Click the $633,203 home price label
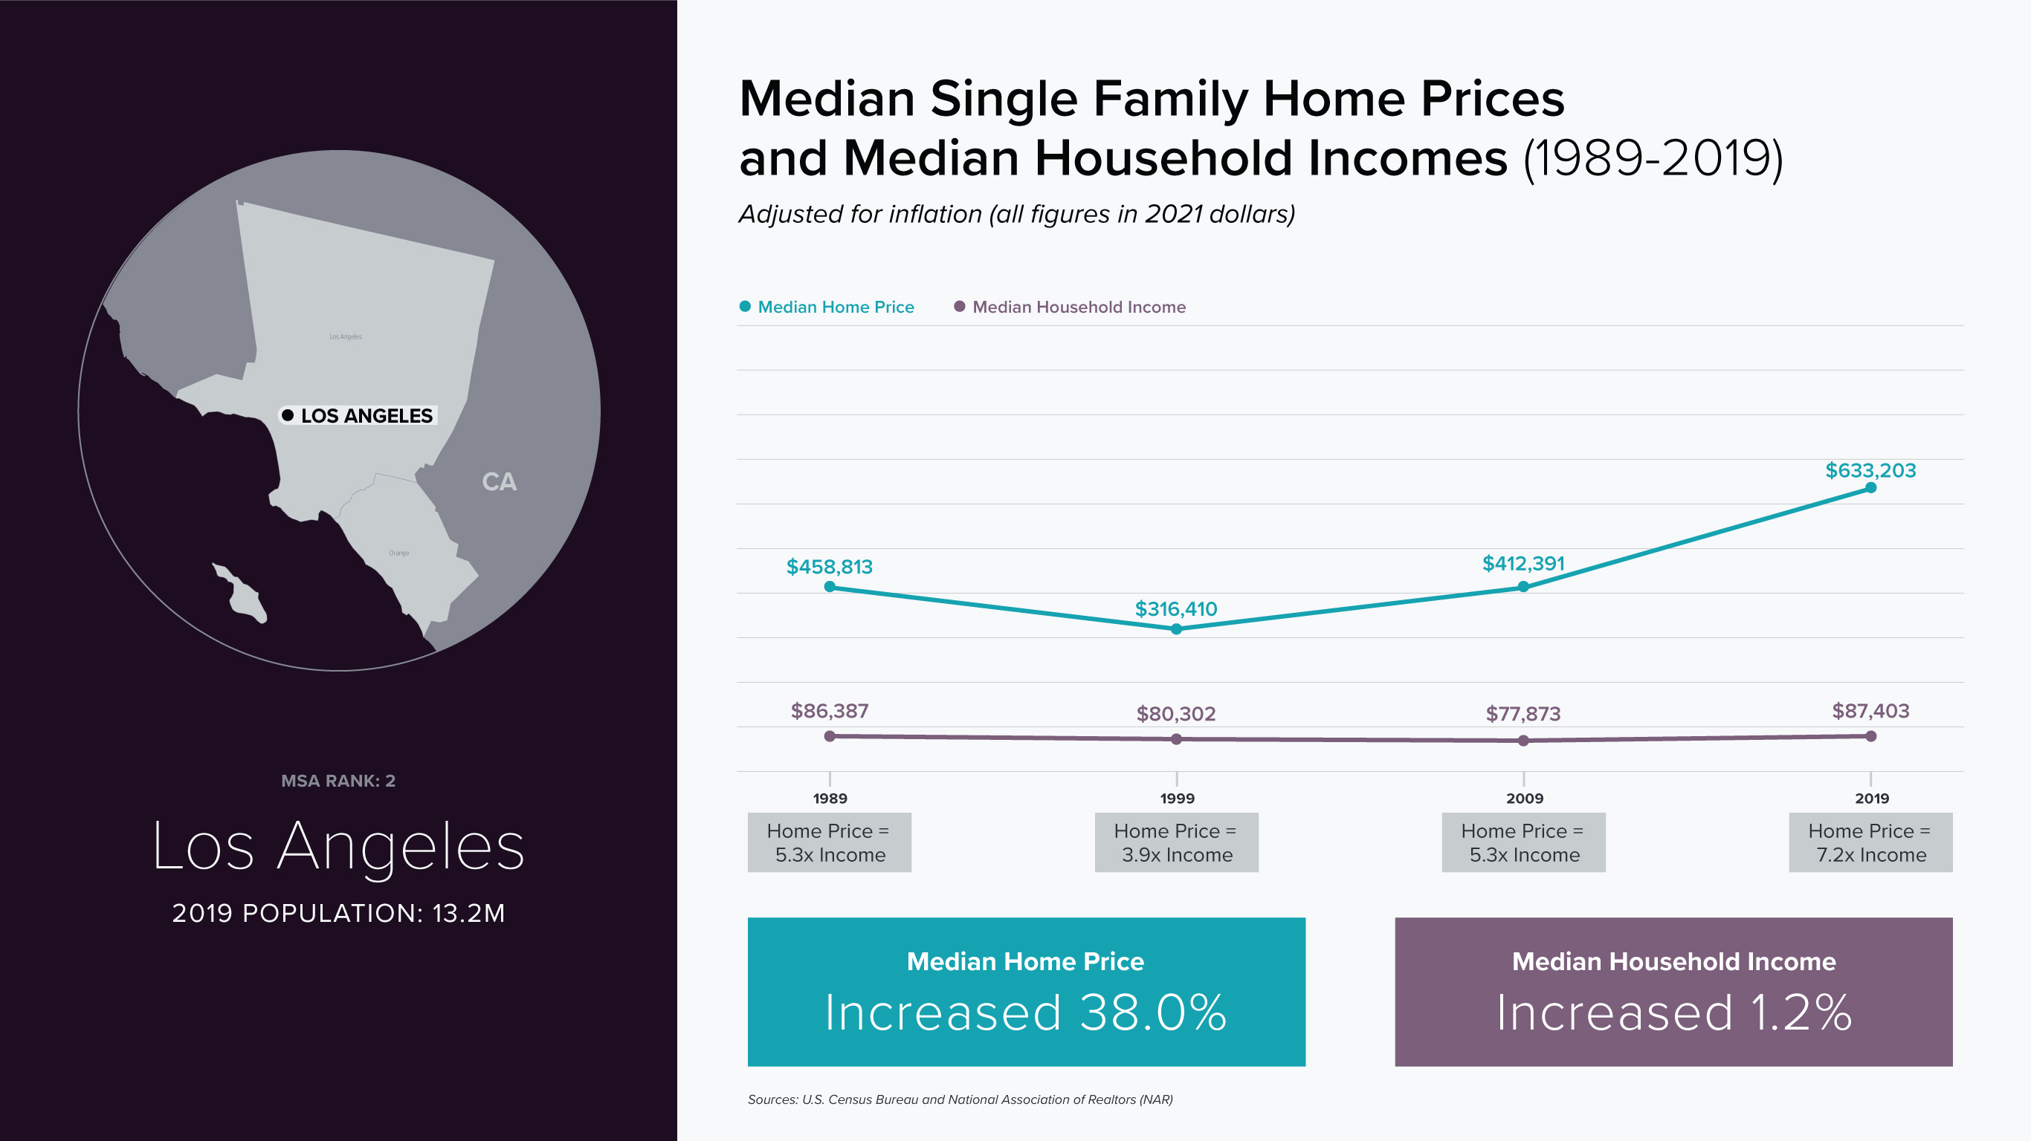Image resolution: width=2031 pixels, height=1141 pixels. [x=1870, y=470]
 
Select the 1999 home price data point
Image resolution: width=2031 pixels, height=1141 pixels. [x=1176, y=628]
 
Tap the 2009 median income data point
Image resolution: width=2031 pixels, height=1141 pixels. [x=1523, y=740]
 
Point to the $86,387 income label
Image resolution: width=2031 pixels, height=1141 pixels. [x=830, y=711]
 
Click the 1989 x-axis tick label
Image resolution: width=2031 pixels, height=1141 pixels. [x=830, y=799]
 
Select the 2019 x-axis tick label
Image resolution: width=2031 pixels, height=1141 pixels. [x=1872, y=799]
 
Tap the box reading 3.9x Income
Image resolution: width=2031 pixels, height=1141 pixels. [x=1176, y=842]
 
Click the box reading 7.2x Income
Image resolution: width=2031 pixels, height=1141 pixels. [x=1870, y=842]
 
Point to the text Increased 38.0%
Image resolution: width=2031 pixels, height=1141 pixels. [x=1026, y=1012]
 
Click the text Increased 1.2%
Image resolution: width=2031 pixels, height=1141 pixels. [x=1673, y=1012]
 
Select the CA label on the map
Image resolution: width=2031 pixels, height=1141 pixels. [x=499, y=481]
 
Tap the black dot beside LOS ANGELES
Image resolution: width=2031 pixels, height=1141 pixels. [x=288, y=415]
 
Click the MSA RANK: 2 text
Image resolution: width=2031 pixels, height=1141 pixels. [x=338, y=781]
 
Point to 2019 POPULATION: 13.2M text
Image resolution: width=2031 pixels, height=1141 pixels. [x=338, y=912]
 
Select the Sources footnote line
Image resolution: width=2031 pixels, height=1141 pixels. [x=960, y=1099]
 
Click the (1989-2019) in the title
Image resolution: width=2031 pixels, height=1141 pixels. [x=1653, y=158]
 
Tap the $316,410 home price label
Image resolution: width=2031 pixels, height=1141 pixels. [x=1175, y=608]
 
